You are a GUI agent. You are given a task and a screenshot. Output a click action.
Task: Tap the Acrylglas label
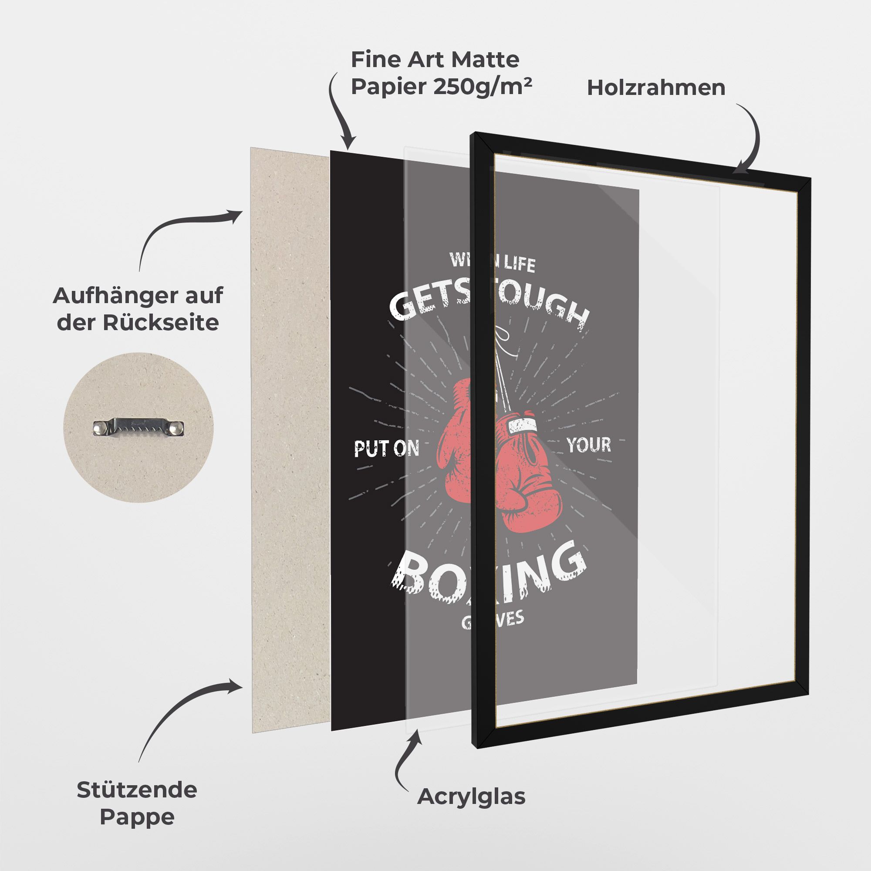pyautogui.click(x=471, y=797)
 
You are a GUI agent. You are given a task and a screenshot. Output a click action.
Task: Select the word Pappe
pyautogui.click(x=137, y=817)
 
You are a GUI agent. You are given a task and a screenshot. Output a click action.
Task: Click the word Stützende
pyautogui.click(x=137, y=790)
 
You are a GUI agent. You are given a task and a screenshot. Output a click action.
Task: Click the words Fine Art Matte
pyautogui.click(x=435, y=60)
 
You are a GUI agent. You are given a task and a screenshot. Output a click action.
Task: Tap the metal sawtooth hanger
pyautogui.click(x=139, y=426)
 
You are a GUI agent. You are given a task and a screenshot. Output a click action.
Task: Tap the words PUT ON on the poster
pyautogui.click(x=386, y=449)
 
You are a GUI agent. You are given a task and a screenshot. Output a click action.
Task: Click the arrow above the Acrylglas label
pyautogui.click(x=408, y=739)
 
